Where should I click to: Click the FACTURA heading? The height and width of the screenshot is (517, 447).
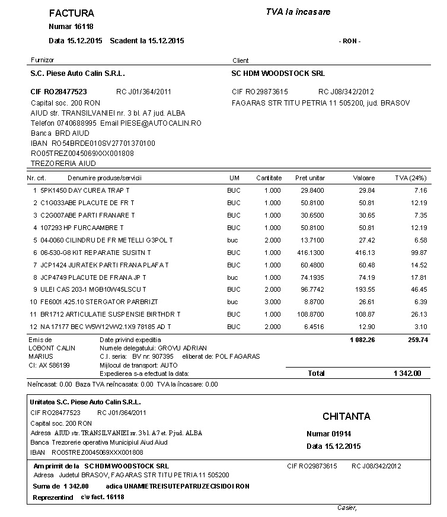pos(71,13)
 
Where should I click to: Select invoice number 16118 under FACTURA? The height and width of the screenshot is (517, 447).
pos(84,26)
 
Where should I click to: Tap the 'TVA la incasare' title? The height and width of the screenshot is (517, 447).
pos(298,12)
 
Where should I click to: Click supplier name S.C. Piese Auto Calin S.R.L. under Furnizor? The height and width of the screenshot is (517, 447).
pos(77,74)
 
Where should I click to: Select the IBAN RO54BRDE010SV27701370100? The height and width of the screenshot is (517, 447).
pos(103,143)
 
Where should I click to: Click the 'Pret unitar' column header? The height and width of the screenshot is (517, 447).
pos(309,178)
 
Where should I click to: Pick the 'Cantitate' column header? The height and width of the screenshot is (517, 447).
pos(269,178)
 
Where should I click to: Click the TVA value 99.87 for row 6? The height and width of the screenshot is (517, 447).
pos(419,253)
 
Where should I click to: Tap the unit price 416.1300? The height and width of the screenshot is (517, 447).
pos(312,253)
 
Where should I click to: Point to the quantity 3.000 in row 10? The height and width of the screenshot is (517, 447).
pos(272,302)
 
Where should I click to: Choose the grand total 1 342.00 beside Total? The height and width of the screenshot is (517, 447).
pos(407,374)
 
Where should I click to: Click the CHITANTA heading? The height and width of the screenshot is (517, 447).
pos(346,417)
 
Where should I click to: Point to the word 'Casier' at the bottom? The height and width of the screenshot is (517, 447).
pos(346,508)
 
